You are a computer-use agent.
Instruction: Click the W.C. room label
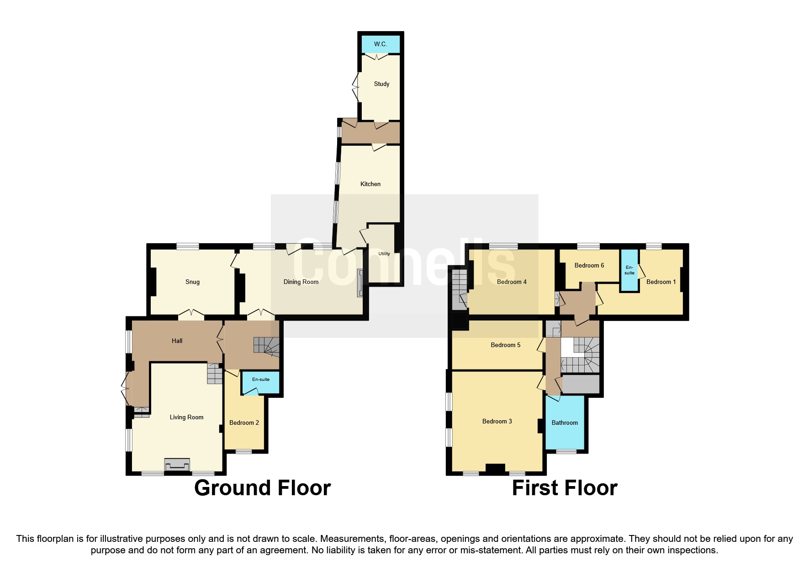[x=380, y=44]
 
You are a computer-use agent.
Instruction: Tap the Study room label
[x=381, y=84]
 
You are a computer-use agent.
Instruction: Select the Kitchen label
[x=370, y=184]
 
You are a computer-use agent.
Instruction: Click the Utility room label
[x=384, y=254]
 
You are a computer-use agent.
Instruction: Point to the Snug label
[x=192, y=282]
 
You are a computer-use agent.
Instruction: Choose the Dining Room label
[x=301, y=282]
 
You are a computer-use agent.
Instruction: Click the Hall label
[x=177, y=341]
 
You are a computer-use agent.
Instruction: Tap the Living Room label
[x=186, y=417]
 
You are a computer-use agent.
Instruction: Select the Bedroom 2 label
[x=244, y=423]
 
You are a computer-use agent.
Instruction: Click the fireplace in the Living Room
[x=177, y=465]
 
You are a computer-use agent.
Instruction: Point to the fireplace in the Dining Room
[x=360, y=283]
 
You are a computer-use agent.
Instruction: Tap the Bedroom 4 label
[x=512, y=282]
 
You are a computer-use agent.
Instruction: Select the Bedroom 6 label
[x=589, y=265]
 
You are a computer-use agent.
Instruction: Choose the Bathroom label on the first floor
[x=565, y=423]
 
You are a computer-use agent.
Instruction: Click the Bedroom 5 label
[x=505, y=345]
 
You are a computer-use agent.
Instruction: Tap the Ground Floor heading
[x=262, y=488]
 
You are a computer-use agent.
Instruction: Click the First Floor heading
[x=564, y=488]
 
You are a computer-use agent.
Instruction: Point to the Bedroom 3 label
[x=497, y=421]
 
